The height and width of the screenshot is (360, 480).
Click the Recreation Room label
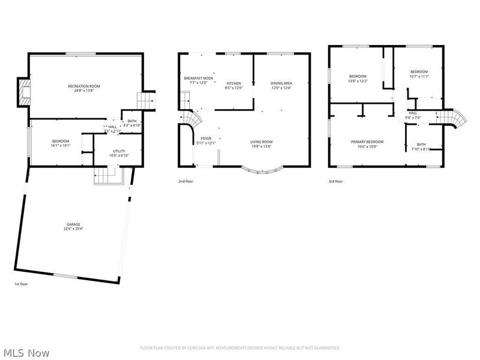(83, 86)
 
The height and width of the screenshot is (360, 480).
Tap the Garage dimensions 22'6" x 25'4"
(73, 229)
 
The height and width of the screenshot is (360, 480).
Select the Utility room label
(118, 151)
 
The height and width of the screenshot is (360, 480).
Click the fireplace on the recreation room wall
(23, 92)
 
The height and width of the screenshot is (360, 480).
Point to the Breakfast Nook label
(199, 79)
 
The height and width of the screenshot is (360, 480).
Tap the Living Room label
(261, 142)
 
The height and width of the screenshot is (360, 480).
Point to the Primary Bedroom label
(367, 142)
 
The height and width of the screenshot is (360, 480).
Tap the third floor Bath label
(421, 144)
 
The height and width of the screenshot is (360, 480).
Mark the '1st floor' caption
(21, 283)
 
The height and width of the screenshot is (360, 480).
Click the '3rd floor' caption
(335, 181)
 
